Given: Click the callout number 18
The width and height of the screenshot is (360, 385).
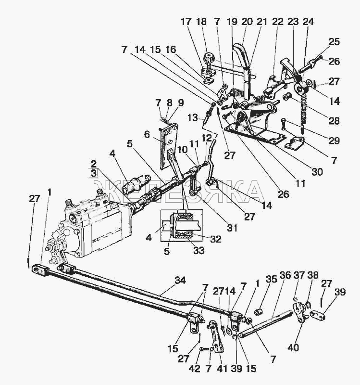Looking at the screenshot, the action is pyautogui.click(x=201, y=22).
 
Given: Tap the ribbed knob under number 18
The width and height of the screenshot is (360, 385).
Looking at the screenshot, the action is pyautogui.click(x=209, y=58).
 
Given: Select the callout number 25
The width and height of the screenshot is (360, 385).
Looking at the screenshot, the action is pyautogui.click(x=334, y=42).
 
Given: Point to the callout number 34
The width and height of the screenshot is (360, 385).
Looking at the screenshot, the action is pyautogui.click(x=180, y=281).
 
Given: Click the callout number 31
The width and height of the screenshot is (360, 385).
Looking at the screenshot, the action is pyautogui.click(x=232, y=228).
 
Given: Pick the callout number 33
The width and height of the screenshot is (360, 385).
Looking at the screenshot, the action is pyautogui.click(x=199, y=251).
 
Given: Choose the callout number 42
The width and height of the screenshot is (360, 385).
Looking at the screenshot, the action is pyautogui.click(x=195, y=369).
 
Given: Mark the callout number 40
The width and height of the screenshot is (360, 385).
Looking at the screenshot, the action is pyautogui.click(x=293, y=347).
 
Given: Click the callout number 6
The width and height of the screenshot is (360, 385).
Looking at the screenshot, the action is pyautogui.click(x=147, y=135).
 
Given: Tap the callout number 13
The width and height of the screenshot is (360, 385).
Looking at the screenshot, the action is pyautogui.click(x=193, y=118).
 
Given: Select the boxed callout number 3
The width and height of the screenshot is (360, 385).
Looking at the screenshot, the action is pyautogui.click(x=93, y=173).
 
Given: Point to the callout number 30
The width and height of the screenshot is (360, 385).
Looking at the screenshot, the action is pyautogui.click(x=317, y=172).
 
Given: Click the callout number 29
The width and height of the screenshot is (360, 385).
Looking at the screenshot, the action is pyautogui.click(x=334, y=141).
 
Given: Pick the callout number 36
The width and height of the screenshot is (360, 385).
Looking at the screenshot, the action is pyautogui.click(x=285, y=275).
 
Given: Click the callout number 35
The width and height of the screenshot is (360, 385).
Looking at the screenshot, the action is pyautogui.click(x=272, y=279).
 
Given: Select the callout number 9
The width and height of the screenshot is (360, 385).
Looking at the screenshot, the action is pyautogui.click(x=181, y=103).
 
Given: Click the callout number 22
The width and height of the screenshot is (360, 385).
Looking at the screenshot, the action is pyautogui.click(x=278, y=22).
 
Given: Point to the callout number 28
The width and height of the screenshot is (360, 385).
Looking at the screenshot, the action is pyautogui.click(x=334, y=121).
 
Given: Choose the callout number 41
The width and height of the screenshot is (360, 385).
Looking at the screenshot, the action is pyautogui.click(x=222, y=369).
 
